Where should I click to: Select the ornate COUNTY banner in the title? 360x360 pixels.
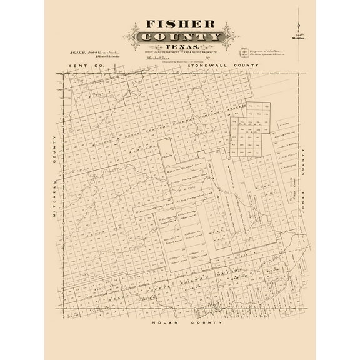point(180,38)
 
